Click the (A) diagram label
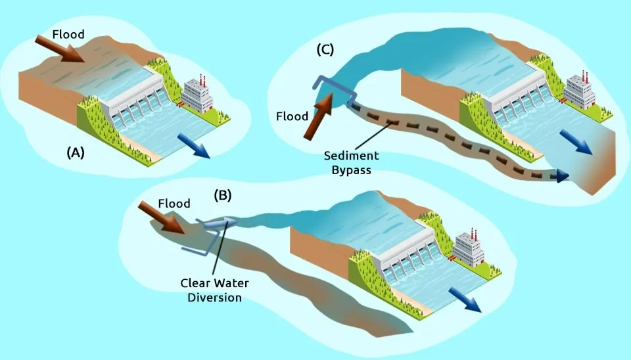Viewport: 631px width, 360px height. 76,152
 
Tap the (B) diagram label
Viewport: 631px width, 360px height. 224,195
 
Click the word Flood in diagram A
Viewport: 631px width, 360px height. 68,34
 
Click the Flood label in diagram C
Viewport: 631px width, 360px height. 292,116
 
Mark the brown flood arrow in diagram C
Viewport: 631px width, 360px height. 318,118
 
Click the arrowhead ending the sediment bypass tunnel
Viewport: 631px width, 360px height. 561,175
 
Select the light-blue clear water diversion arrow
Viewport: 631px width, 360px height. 220,223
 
